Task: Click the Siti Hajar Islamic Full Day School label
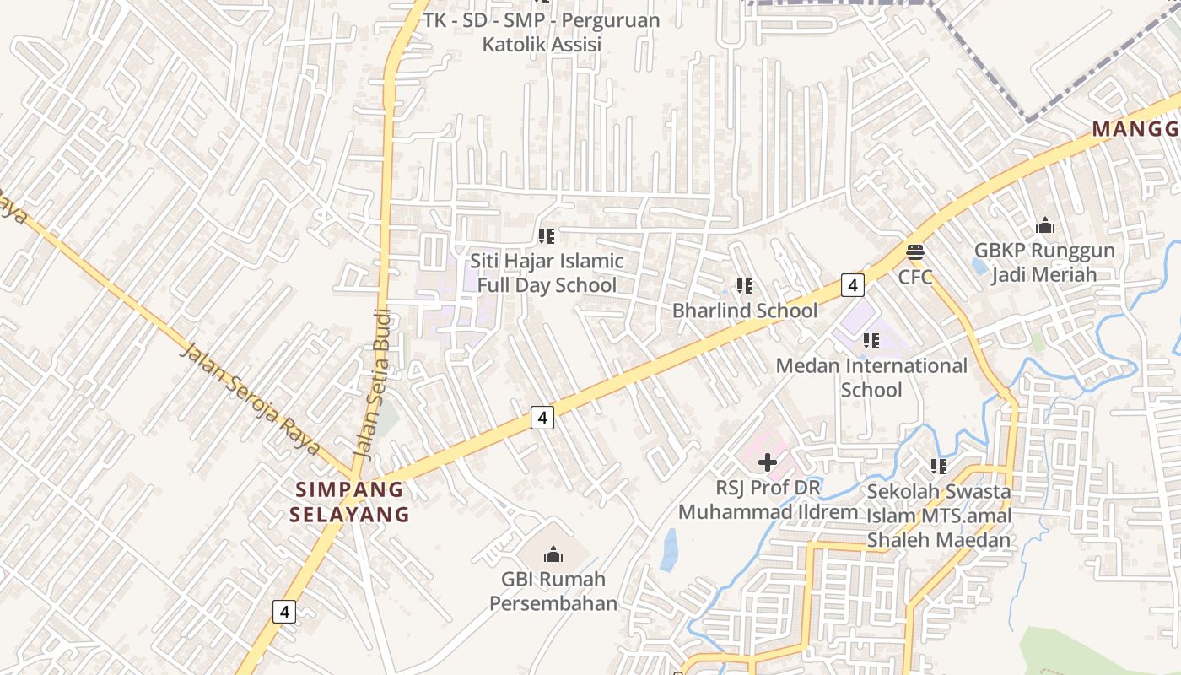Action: pos(547,273)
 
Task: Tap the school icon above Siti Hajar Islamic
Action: pos(547,236)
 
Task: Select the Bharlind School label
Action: pos(744,310)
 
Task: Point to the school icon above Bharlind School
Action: pos(744,286)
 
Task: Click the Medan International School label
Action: pos(871,377)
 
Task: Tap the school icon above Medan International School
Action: pos(871,341)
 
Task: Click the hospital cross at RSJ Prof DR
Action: pos(768,462)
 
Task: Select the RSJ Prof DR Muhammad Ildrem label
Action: pos(768,499)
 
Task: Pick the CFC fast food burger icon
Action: pos(915,251)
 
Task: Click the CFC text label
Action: pos(915,277)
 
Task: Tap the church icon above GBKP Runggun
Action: pos(1045,225)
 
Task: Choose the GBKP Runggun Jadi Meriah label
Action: pos(1044,262)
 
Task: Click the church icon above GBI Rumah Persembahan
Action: pos(553,553)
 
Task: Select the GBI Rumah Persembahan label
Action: pos(553,591)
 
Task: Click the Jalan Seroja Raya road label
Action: pos(251,397)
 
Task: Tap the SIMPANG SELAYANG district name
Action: pos(349,501)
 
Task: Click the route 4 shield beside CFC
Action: pos(853,285)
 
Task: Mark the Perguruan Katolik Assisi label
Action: pos(542,32)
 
